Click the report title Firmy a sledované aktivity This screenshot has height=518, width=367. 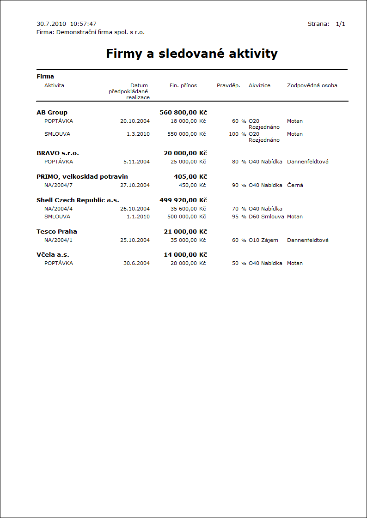click(x=192, y=54)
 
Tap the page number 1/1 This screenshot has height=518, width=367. click(x=341, y=24)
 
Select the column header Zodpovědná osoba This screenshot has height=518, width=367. click(x=312, y=85)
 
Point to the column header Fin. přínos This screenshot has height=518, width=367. click(x=183, y=85)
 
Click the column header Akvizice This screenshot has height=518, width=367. click(x=259, y=85)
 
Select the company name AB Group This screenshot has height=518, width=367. click(x=52, y=112)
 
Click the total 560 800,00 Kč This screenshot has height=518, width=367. click(x=183, y=112)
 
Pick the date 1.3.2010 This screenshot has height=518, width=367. click(x=138, y=134)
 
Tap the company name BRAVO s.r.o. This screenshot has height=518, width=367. click(x=55, y=153)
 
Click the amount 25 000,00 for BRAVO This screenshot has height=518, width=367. click(x=184, y=162)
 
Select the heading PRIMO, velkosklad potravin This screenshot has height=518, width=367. click(x=82, y=176)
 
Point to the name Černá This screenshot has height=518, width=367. click(x=295, y=185)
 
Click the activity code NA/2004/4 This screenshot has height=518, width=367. click(x=59, y=208)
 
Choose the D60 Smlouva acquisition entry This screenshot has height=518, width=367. click(x=266, y=217)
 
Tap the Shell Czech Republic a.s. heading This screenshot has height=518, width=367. click(x=78, y=200)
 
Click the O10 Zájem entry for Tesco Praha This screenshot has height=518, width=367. click(x=263, y=240)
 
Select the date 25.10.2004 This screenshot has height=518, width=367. click(x=135, y=240)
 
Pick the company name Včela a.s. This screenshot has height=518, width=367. click(x=53, y=254)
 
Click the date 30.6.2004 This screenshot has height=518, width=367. click(x=136, y=263)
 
